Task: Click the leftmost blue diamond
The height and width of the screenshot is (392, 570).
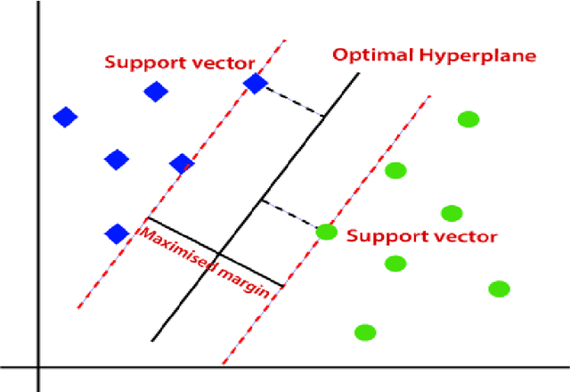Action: (65, 117)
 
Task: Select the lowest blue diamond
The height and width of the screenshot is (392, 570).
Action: (117, 233)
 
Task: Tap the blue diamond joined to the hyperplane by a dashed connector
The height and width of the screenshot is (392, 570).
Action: (256, 83)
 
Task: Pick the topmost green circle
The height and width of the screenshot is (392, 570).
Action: (468, 119)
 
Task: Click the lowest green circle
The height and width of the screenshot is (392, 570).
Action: (364, 332)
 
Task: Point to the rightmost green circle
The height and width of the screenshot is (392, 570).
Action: (499, 288)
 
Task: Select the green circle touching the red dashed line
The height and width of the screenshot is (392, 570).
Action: (327, 232)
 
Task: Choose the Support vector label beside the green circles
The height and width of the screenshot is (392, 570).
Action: (421, 237)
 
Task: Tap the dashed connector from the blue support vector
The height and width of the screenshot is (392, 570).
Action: (295, 100)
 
